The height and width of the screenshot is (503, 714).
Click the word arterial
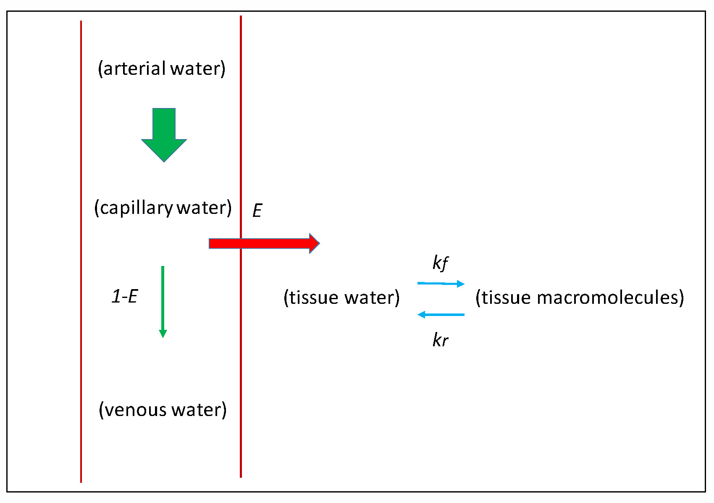pos(134,68)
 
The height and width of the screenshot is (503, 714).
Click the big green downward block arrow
pos(164,134)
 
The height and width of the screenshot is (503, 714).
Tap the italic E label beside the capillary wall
pos(257,211)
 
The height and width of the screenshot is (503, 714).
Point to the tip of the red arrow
pos(318,243)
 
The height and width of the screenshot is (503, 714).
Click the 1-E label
pos(125,297)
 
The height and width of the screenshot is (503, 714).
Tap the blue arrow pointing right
pos(441,284)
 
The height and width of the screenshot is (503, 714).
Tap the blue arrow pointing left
pos(441,314)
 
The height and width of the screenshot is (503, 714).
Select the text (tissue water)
pos(341,298)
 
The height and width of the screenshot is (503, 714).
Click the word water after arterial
pos(195,68)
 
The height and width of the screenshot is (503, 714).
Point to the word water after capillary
pos(201,208)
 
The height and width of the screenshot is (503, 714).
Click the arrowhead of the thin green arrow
pos(163,334)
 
